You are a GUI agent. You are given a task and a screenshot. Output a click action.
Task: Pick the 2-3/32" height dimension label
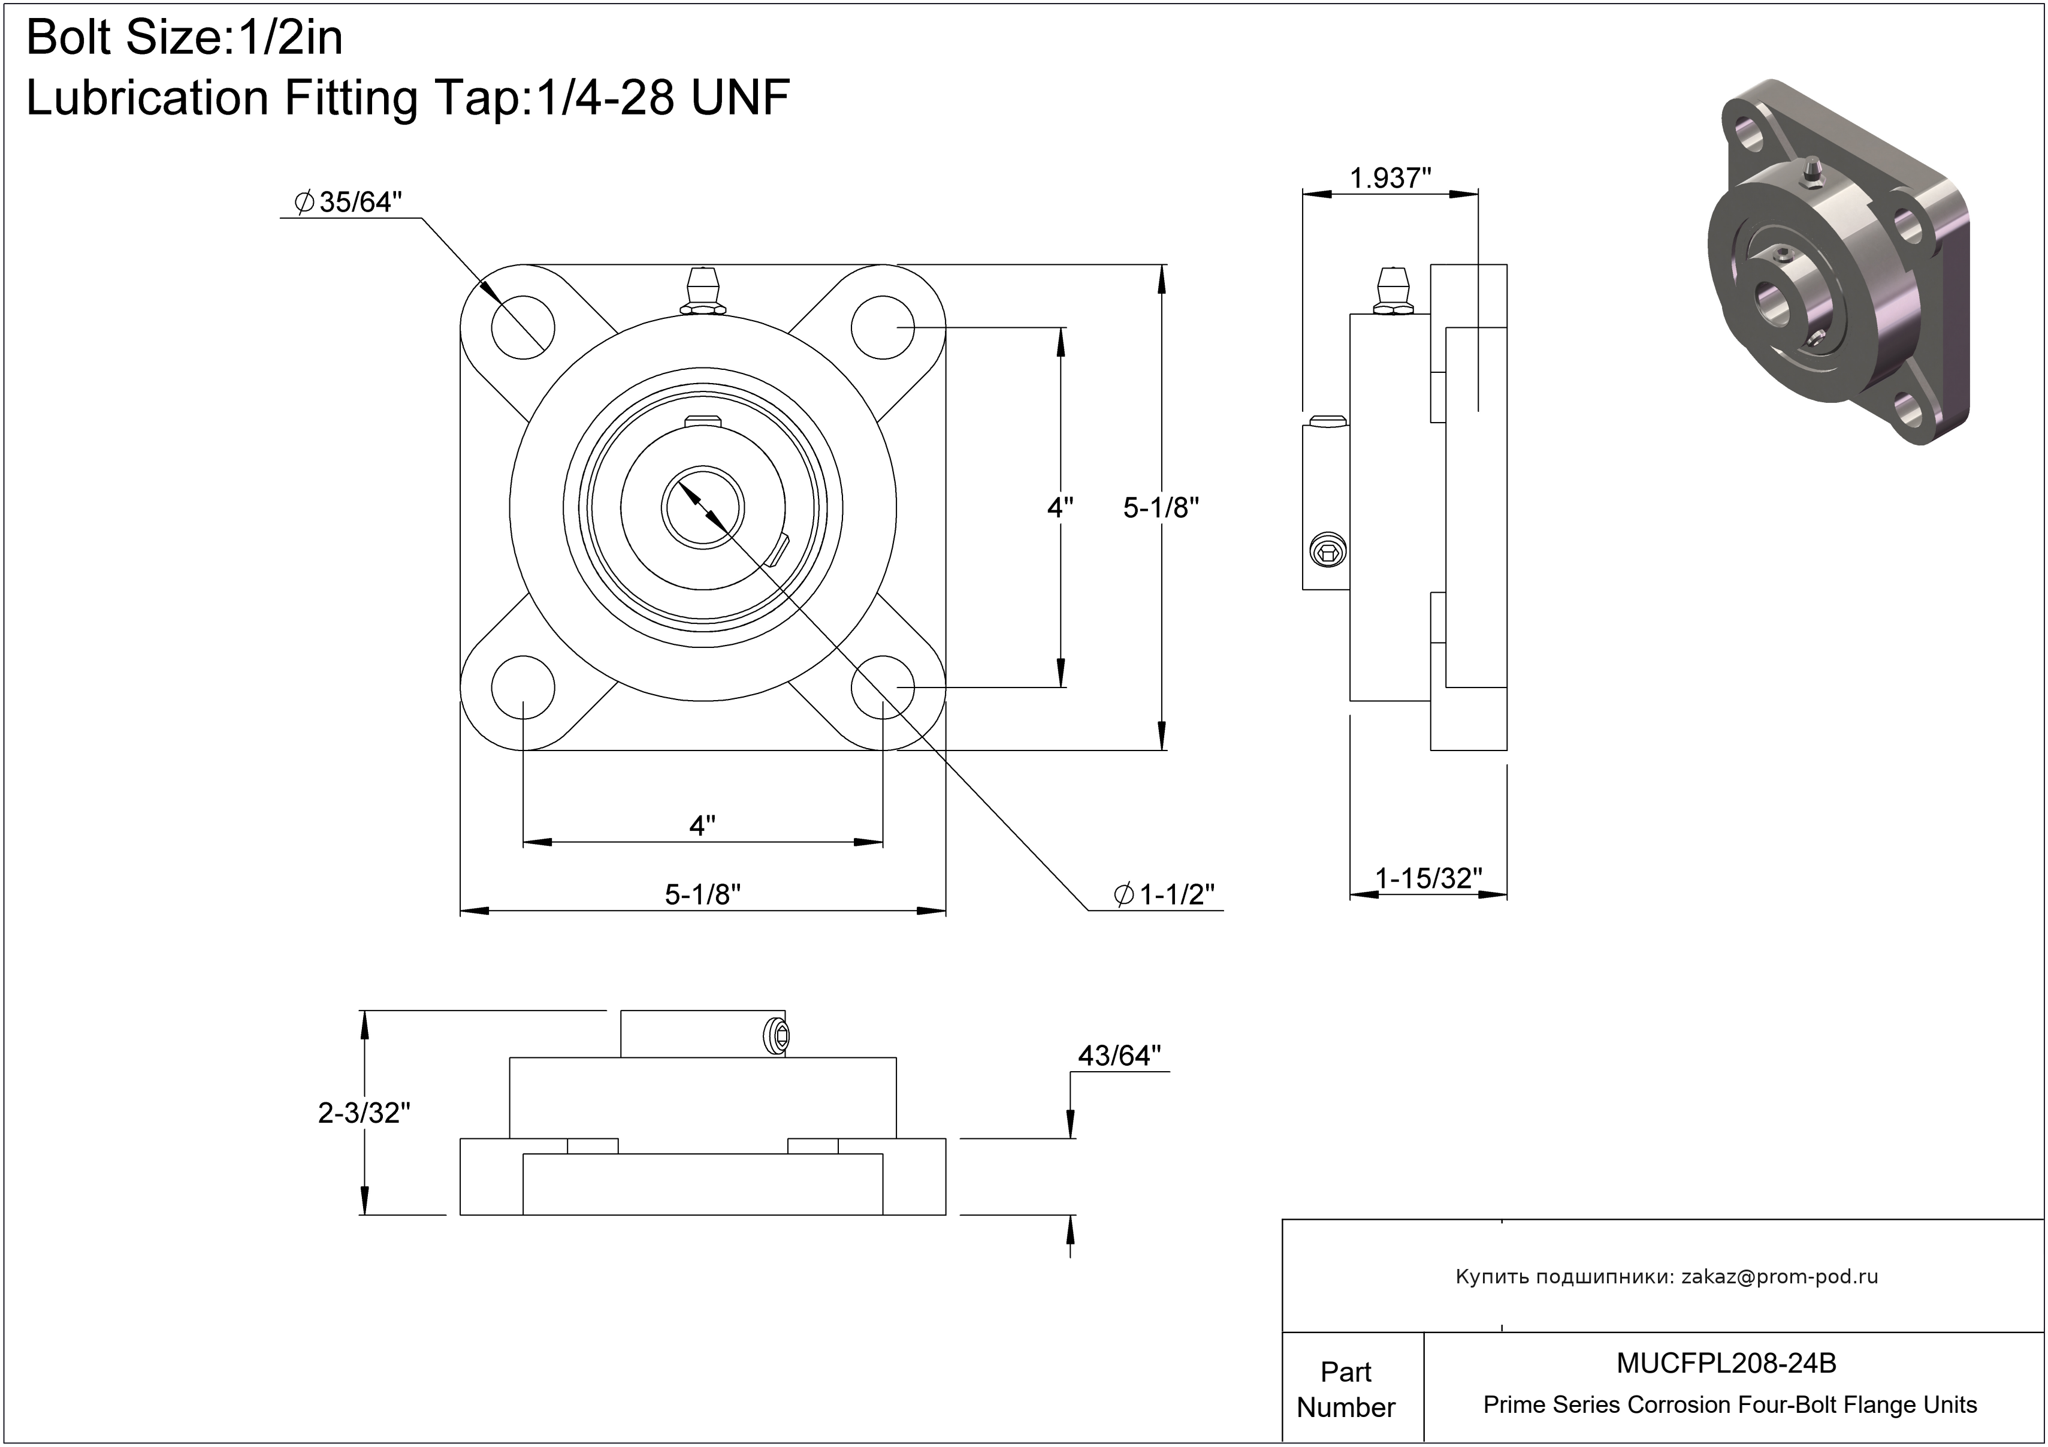tap(364, 1113)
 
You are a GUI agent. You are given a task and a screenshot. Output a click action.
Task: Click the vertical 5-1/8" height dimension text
tap(1161, 508)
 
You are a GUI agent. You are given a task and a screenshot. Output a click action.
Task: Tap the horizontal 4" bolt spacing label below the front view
tap(703, 825)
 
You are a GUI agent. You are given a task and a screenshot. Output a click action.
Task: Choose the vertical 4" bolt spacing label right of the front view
tap(1060, 508)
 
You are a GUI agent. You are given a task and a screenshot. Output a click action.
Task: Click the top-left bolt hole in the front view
tap(522, 327)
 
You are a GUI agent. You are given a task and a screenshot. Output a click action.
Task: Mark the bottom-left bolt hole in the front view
tap(522, 688)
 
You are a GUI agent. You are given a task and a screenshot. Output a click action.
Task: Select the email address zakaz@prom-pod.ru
tap(1780, 1277)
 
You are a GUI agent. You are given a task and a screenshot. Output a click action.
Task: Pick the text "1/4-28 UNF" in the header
tap(662, 97)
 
